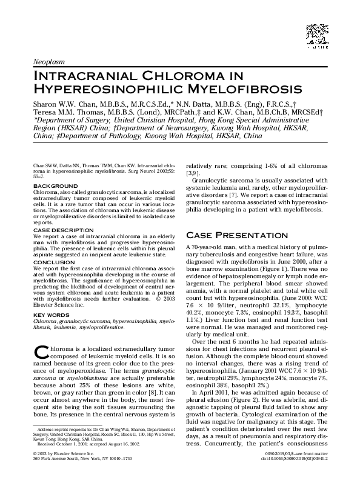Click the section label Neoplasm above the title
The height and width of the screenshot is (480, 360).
click(48, 62)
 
